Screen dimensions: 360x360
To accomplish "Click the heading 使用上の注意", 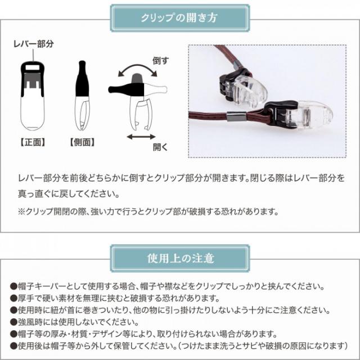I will point(179,259).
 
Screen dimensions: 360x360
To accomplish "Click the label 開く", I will point(161,147).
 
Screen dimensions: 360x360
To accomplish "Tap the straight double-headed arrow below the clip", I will point(140,136).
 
